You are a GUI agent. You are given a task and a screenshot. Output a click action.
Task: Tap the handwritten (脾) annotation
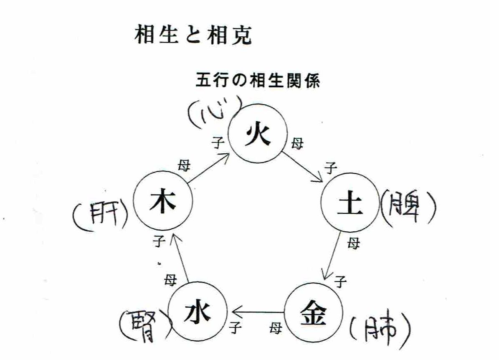click(x=408, y=207)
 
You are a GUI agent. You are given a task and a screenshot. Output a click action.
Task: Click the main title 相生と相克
click(x=193, y=36)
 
